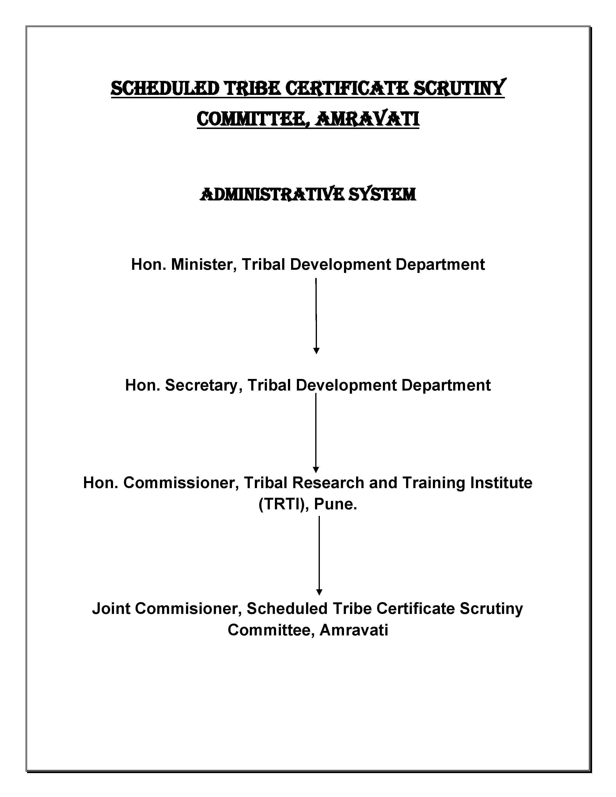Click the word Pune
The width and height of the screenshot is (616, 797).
pyautogui.click(x=335, y=505)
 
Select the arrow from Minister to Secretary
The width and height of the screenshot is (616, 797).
pyautogui.click(x=316, y=316)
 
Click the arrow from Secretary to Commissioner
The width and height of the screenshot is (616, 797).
pyautogui.click(x=316, y=433)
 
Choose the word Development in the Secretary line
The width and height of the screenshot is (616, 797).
pyautogui.click(x=346, y=385)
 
